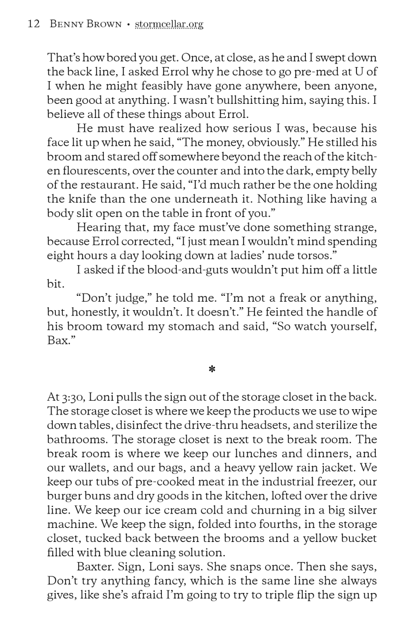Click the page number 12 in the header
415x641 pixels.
pyautogui.click(x=33, y=24)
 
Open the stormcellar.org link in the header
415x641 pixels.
pyautogui.click(x=169, y=24)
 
